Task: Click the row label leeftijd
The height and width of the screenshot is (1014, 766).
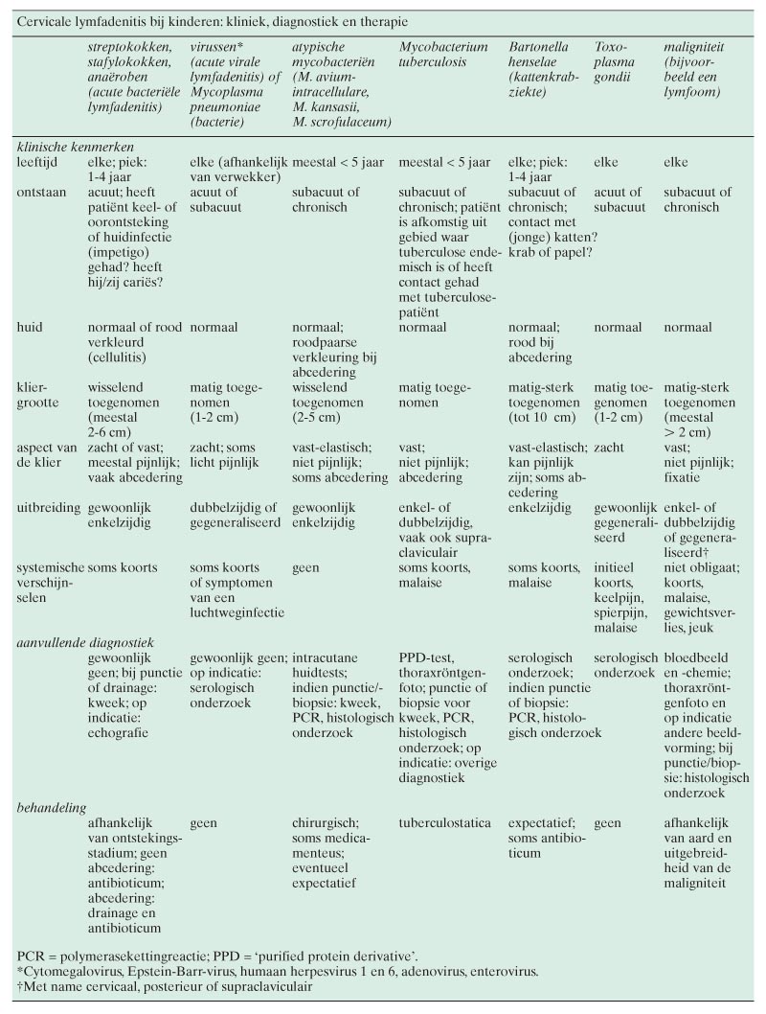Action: tap(37, 164)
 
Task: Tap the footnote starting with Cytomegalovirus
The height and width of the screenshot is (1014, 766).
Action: tap(278, 972)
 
